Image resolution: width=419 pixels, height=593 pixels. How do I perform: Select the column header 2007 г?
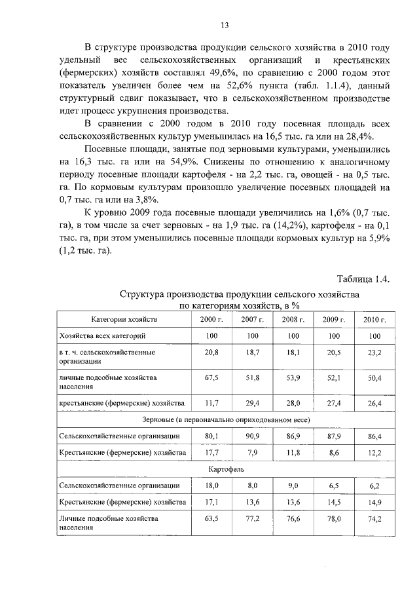pyautogui.click(x=252, y=319)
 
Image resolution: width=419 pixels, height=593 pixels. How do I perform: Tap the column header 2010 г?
pyautogui.click(x=374, y=319)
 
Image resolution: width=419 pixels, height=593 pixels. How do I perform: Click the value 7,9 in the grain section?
pyautogui.click(x=252, y=453)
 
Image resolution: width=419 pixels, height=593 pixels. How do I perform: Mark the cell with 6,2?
pyautogui.click(x=374, y=486)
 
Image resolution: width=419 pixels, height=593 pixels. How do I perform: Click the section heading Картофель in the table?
pyautogui.click(x=227, y=470)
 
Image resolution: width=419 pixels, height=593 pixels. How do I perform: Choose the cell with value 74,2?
pyautogui.click(x=374, y=518)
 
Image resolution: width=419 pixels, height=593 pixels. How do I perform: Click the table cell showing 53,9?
pyautogui.click(x=293, y=378)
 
